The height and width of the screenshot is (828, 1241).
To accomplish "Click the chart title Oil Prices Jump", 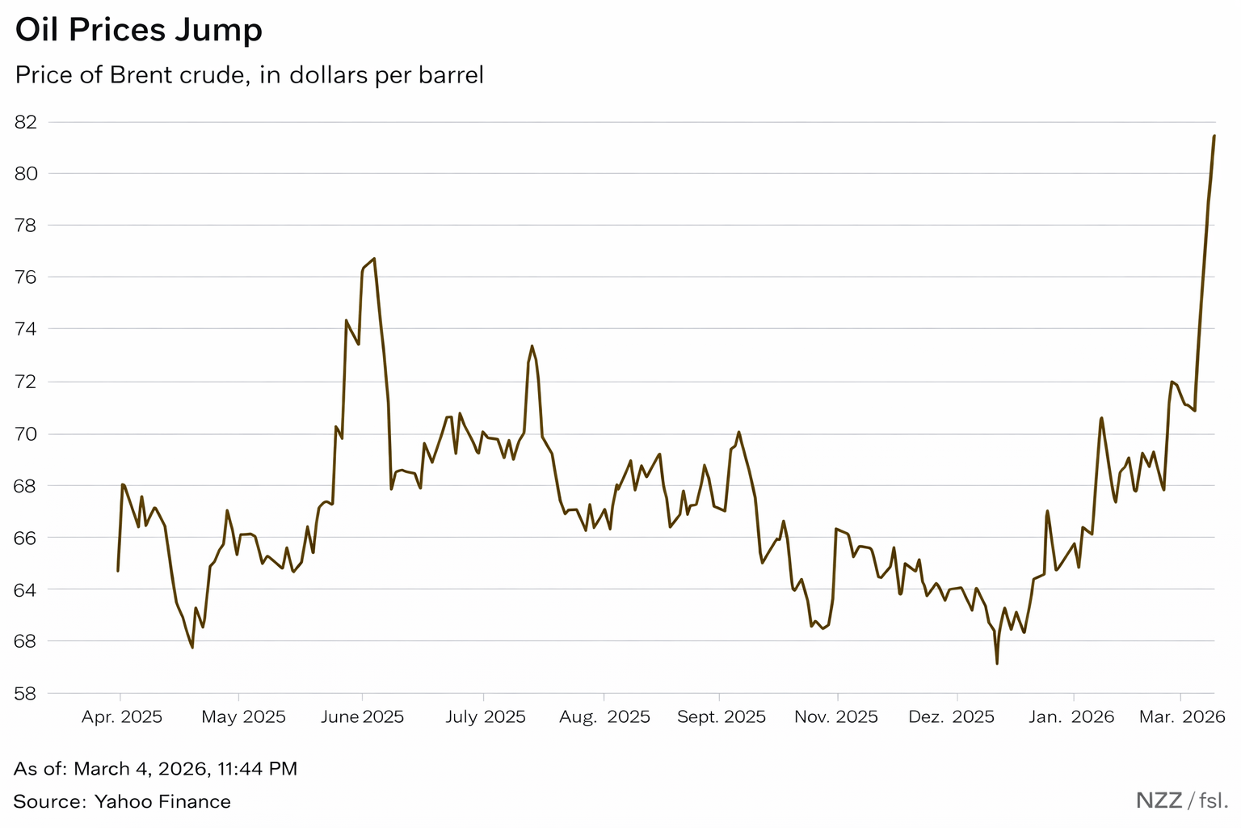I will pyautogui.click(x=139, y=31).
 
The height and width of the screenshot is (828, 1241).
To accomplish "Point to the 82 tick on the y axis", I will pyautogui.click(x=27, y=122).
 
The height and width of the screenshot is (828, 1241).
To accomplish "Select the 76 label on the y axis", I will pyautogui.click(x=27, y=277).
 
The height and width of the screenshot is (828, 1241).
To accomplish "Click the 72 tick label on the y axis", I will pyautogui.click(x=27, y=382).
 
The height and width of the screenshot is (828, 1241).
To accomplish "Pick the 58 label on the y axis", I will pyautogui.click(x=27, y=693).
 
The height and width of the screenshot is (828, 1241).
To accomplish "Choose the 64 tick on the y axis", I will pyautogui.click(x=27, y=589).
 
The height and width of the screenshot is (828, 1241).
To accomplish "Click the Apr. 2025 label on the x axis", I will pyautogui.click(x=122, y=717).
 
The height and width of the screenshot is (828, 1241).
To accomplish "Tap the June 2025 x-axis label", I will pyautogui.click(x=362, y=717).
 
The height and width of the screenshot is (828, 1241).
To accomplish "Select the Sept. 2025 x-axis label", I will pyautogui.click(x=721, y=717).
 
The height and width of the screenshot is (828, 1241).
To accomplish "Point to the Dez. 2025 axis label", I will pyautogui.click(x=951, y=717).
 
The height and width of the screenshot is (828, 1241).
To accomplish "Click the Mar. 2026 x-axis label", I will pyautogui.click(x=1182, y=717).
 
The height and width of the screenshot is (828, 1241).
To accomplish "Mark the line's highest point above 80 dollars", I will pyautogui.click(x=1214, y=136).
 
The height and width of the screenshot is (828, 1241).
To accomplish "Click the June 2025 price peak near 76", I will pyautogui.click(x=374, y=259).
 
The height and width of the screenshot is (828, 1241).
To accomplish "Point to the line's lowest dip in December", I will pyautogui.click(x=997, y=664).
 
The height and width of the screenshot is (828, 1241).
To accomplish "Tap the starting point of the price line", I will pyautogui.click(x=118, y=571).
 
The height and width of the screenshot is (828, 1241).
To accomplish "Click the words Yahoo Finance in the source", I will pyautogui.click(x=162, y=802).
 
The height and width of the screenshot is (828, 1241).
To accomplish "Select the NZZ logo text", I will pyautogui.click(x=1159, y=801).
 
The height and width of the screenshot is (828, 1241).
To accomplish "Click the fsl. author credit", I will pyautogui.click(x=1214, y=801).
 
